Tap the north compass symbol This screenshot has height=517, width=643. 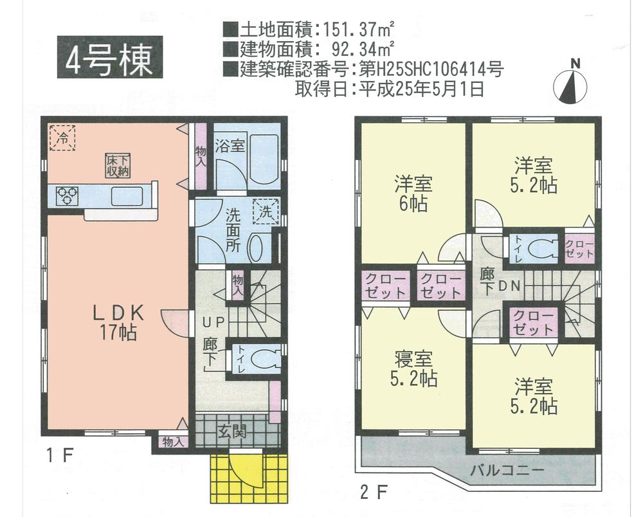[x=571, y=86]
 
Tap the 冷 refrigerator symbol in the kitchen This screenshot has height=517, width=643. [x=62, y=138]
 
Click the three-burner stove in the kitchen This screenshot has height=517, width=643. [x=67, y=195]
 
